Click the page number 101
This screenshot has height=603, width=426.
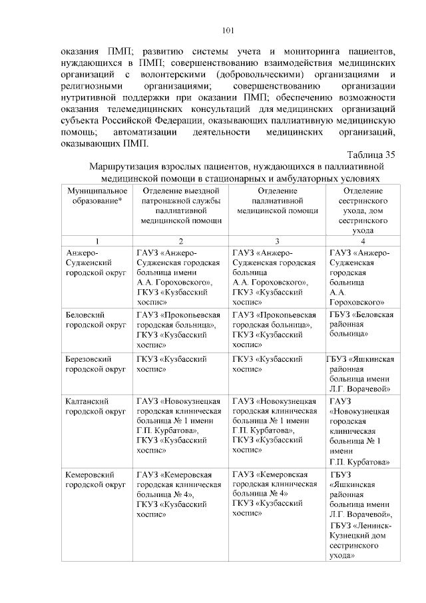click(x=227, y=30)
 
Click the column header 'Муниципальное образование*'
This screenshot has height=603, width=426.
click(x=97, y=196)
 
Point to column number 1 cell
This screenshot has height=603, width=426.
click(x=97, y=241)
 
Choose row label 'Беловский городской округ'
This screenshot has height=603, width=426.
click(x=97, y=319)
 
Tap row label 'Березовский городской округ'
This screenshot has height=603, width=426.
click(x=97, y=364)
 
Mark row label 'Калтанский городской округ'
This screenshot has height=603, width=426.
click(x=97, y=406)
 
